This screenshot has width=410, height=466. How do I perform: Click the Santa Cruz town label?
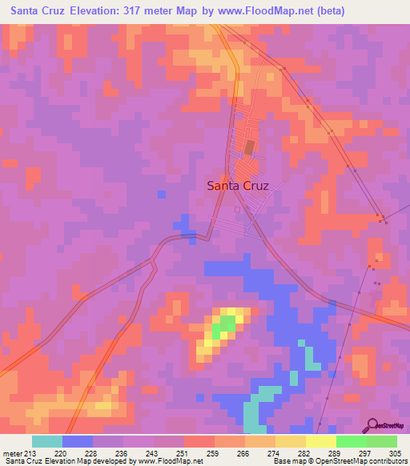[x=238, y=185]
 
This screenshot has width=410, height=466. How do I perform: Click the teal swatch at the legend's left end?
[x=47, y=441]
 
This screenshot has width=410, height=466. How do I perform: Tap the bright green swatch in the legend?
[x=352, y=441]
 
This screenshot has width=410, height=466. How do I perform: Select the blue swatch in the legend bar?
[x=78, y=441]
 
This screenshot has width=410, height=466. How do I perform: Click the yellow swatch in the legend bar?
[x=321, y=441]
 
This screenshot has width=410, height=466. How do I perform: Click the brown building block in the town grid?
[x=249, y=147]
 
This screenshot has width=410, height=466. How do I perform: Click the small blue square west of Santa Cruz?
[x=162, y=195]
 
